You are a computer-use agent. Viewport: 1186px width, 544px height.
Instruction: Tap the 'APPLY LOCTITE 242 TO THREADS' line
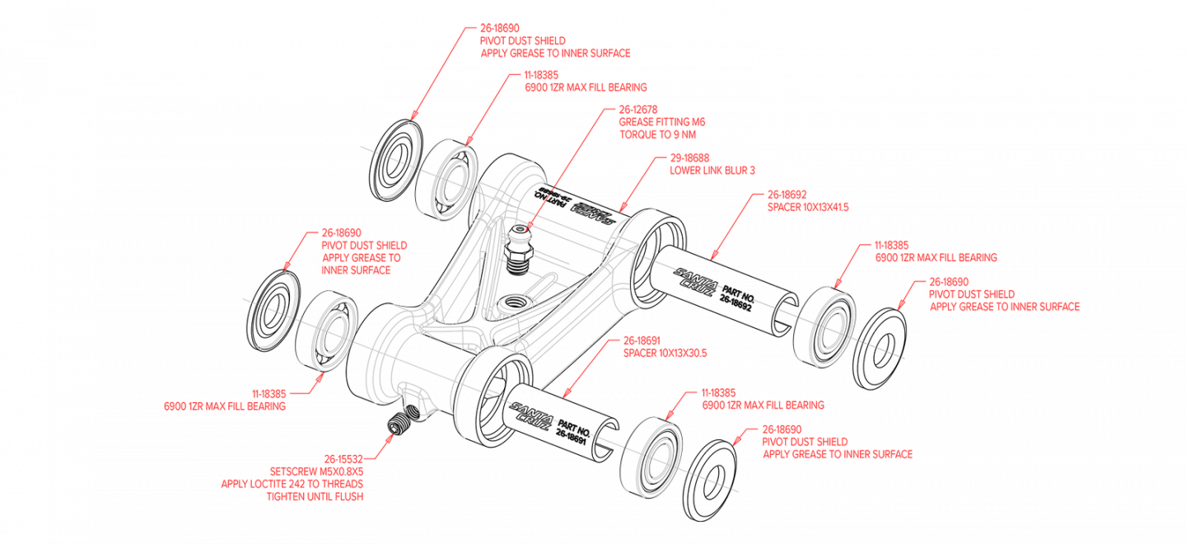[292, 482]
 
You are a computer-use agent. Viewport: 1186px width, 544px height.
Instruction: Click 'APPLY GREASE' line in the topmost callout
[555, 54]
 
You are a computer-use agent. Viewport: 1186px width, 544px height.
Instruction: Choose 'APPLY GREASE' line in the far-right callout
[1005, 307]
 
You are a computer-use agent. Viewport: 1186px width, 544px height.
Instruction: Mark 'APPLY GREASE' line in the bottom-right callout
[837, 453]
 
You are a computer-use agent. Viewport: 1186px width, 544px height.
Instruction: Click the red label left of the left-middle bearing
[225, 406]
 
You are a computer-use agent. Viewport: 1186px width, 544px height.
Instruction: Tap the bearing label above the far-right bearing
[936, 256]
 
